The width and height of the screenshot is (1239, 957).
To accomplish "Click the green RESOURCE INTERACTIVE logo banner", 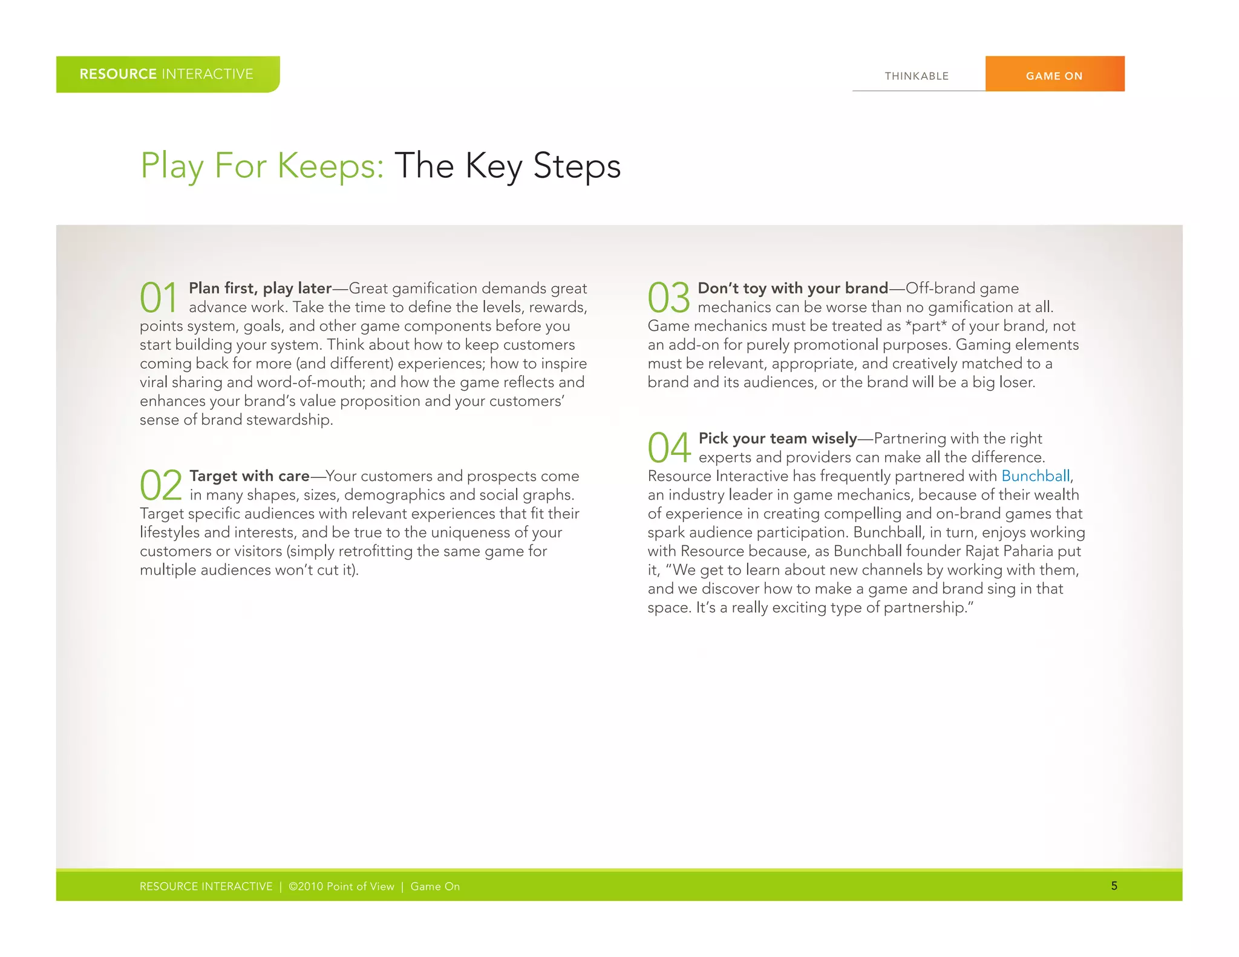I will coord(167,74).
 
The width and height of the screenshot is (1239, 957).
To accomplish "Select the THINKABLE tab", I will coord(917,76).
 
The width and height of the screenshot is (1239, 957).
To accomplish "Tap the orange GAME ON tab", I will coord(1054,76).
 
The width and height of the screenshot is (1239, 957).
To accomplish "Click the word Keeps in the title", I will coord(330,166).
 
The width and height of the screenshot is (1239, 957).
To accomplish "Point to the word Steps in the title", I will coord(577,166).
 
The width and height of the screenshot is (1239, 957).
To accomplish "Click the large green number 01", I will coord(159,298).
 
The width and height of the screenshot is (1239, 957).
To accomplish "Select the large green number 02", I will coord(161,485).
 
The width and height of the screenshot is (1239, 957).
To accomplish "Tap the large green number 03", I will coord(669,298).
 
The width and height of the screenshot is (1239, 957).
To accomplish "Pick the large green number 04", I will coord(669,448).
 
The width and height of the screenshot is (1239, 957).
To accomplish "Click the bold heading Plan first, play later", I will coord(260,289).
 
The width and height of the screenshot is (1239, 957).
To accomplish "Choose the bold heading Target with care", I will coord(249,476).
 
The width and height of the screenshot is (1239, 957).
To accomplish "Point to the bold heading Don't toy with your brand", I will coord(793,289).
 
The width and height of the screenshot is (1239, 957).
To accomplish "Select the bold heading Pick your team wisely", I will coord(777,439).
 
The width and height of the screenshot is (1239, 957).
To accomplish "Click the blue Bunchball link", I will coord(1035,476).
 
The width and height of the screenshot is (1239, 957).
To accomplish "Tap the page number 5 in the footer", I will coord(1114,886).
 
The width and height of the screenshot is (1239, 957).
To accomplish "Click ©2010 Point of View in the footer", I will coord(341,887).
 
